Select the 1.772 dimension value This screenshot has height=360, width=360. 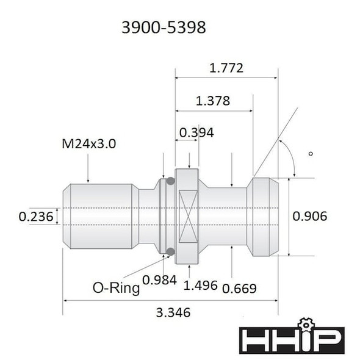click(x=226, y=68)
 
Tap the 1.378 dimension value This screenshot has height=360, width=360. click(x=213, y=101)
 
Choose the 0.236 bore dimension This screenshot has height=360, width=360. click(x=35, y=216)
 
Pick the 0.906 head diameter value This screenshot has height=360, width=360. click(x=311, y=215)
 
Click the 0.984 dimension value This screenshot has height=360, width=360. click(x=159, y=280)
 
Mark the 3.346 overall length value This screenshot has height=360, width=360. click(x=173, y=312)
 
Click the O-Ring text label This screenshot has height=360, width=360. click(x=116, y=287)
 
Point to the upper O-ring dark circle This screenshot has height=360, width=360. click(x=170, y=181)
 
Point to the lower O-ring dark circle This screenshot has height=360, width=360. click(x=170, y=251)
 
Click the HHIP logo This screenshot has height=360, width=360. click(x=292, y=340)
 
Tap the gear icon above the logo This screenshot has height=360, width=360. click(x=304, y=323)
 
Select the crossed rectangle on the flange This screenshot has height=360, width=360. click(x=187, y=216)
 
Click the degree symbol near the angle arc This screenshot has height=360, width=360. click(x=311, y=154)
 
